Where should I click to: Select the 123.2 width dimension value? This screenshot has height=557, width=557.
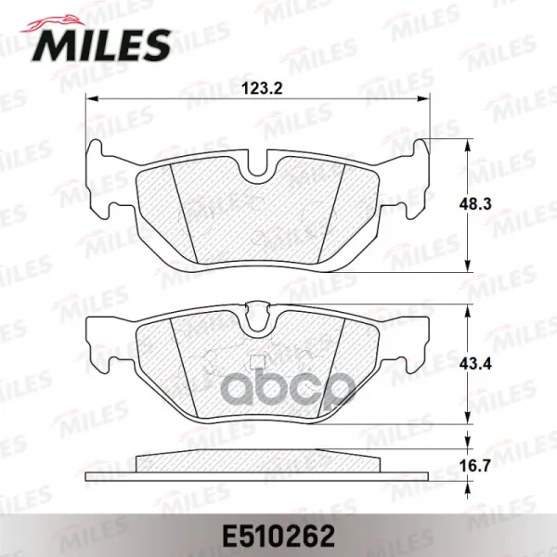pyautogui.click(x=262, y=88)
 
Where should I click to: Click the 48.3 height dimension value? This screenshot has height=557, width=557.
pyautogui.click(x=475, y=204)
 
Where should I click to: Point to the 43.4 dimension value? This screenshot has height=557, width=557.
pyautogui.click(x=475, y=364)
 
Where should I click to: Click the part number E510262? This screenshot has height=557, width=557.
pyautogui.click(x=278, y=537)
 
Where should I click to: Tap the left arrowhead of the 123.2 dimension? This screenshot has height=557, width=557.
pyautogui.click(x=92, y=98)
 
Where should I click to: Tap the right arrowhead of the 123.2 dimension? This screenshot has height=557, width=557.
pyautogui.click(x=424, y=98)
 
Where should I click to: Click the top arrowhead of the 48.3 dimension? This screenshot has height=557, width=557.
pyautogui.click(x=468, y=144)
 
